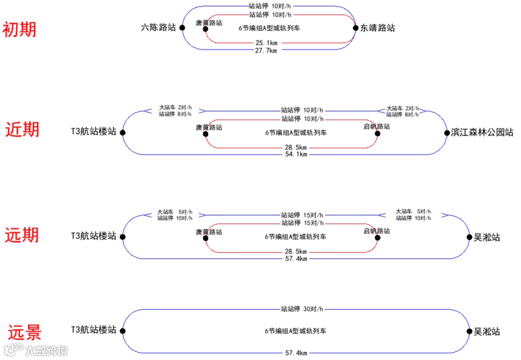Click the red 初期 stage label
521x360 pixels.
click(19, 30)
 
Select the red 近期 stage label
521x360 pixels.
click(22, 130)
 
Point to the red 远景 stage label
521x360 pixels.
click(24, 332)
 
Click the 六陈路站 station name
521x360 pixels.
click(158, 28)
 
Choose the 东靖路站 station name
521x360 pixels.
click(378, 28)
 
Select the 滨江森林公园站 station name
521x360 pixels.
click(482, 132)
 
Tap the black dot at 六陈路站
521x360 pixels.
click(182, 28)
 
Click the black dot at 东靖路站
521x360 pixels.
click(356, 28)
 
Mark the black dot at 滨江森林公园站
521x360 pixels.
click(447, 133)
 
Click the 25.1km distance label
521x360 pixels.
click(266, 43)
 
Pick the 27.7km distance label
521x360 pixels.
click(266, 50)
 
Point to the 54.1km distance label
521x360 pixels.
click(296, 154)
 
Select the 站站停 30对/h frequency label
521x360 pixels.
click(302, 309)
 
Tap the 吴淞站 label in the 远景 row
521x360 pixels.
click(487, 332)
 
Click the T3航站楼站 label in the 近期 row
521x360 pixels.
click(94, 132)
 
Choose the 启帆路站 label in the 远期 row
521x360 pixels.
click(376, 231)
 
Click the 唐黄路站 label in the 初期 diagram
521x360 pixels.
click(209, 22)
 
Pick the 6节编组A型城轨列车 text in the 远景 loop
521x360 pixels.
click(295, 332)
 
